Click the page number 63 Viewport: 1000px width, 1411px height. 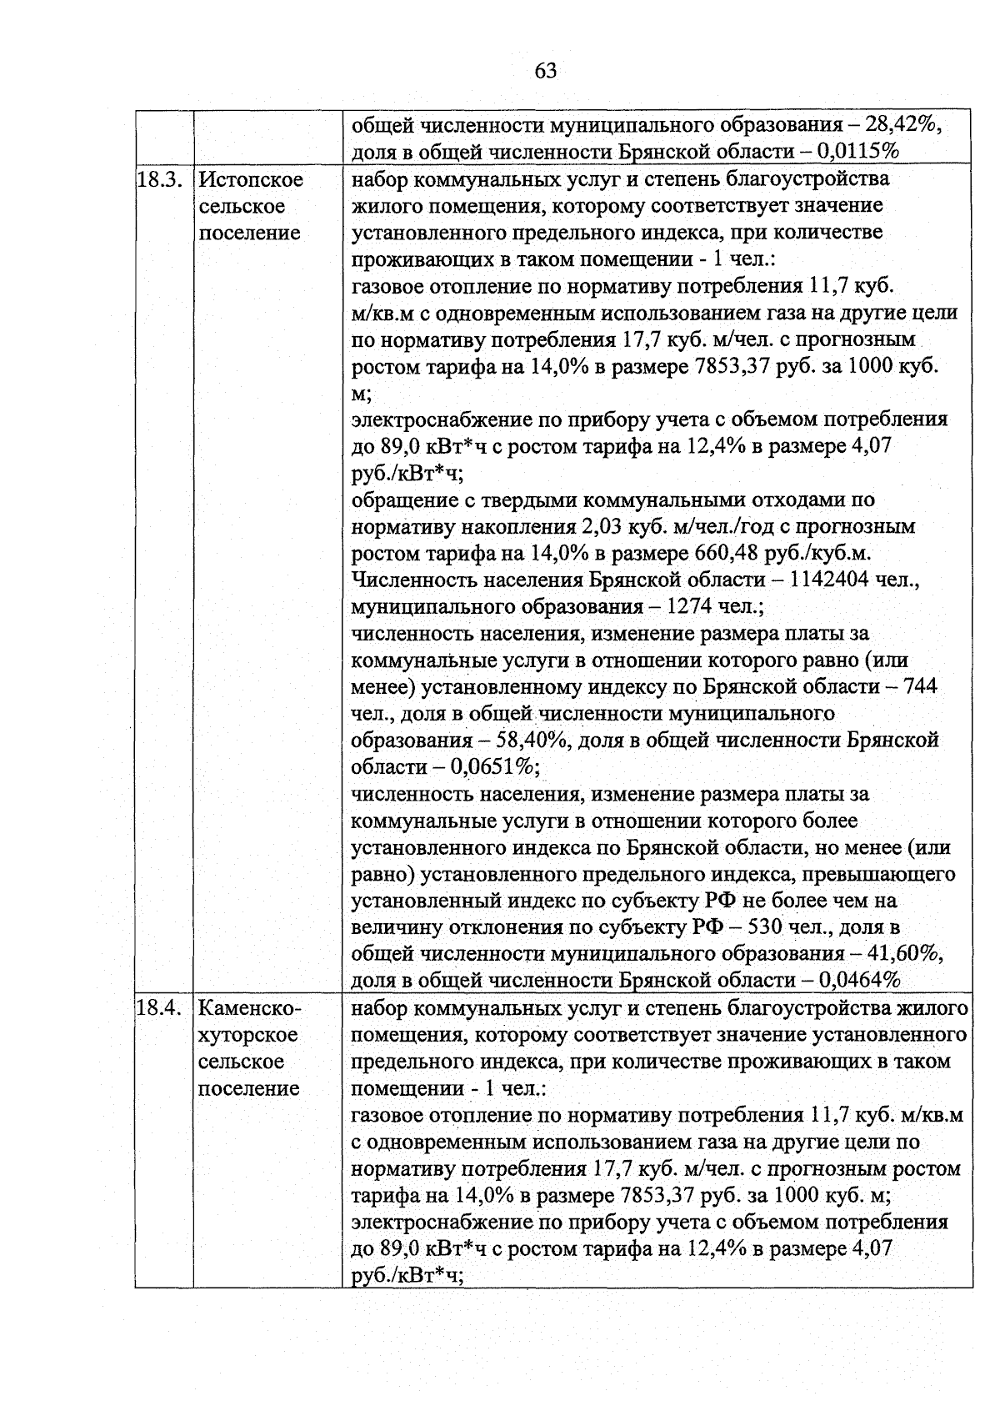tap(546, 71)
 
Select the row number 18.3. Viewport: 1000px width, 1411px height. tap(159, 179)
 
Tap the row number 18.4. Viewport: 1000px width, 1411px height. tap(159, 1008)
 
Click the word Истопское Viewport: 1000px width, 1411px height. tap(251, 179)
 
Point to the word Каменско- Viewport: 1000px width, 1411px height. tap(246, 1008)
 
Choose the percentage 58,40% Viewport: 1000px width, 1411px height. tap(533, 740)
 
